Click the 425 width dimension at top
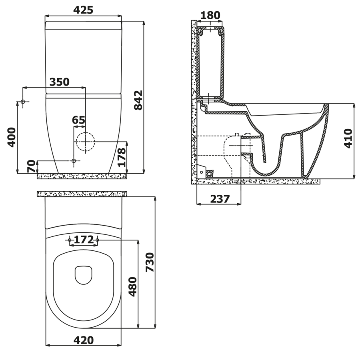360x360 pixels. coord(84,10)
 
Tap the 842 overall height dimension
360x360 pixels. coord(138,100)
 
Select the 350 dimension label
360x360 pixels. coord(59,82)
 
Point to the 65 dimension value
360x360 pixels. coord(78,120)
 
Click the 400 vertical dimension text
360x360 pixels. coord(12,137)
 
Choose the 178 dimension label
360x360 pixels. coord(122,157)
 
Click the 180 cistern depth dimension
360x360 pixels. coord(210,15)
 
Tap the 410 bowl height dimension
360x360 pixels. coord(348,138)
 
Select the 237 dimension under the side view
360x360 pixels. coord(219,198)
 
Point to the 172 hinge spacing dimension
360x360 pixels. coord(84,240)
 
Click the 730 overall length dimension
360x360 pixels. coord(150,262)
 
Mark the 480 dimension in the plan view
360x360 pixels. coord(132,286)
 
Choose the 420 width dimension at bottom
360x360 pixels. coord(84,340)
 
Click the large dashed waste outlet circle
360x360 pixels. coord(85,142)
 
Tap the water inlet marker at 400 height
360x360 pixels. coord(23,102)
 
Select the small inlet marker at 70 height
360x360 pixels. coord(73,161)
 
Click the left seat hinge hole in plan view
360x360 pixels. coord(70,240)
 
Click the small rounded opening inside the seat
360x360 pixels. coord(84,275)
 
